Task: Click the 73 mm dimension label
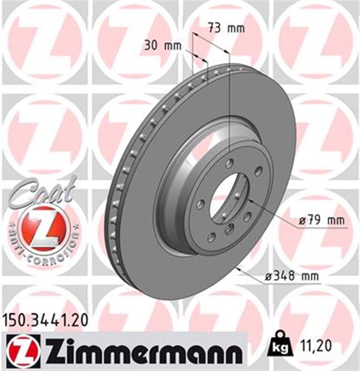point(226,27)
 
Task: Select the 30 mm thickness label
point(161,45)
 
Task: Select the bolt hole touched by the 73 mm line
point(230,164)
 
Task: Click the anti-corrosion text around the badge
point(44,249)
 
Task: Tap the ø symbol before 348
point(268,277)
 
